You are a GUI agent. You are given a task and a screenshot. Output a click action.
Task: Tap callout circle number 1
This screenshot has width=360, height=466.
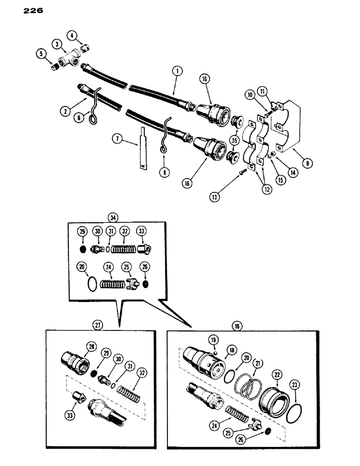(x=176, y=72)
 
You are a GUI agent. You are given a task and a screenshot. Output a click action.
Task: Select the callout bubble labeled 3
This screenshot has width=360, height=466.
(x=57, y=44)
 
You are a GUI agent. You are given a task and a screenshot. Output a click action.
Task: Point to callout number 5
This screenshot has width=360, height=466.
(x=41, y=54)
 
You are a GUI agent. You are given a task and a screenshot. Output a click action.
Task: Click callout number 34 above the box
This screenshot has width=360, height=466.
(x=112, y=217)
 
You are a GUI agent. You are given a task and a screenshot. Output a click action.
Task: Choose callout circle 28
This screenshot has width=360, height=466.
(x=90, y=345)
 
